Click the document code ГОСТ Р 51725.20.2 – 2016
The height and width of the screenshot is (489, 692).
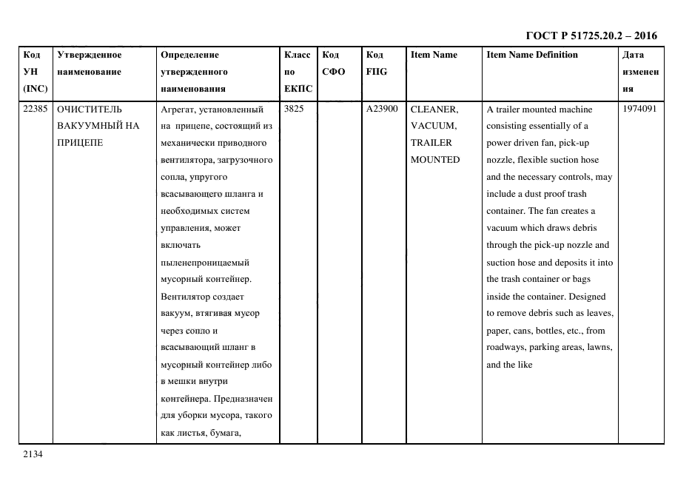[591, 36]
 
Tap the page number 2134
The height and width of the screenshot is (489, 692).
[33, 454]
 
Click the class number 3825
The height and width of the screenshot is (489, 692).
[294, 109]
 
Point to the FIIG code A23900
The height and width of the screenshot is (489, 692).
[382, 109]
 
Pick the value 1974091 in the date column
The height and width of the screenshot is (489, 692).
[639, 109]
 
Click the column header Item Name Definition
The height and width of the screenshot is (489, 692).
[532, 55]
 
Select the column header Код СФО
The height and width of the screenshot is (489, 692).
[333, 64]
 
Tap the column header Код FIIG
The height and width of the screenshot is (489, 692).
[376, 64]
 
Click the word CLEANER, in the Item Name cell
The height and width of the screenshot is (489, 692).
[434, 109]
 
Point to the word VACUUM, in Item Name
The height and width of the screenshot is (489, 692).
[433, 126]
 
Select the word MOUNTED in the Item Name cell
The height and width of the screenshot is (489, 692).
[435, 160]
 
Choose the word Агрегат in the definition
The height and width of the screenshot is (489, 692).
[177, 109]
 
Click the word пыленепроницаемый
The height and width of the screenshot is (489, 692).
[205, 263]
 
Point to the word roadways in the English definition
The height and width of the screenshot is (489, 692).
[505, 348]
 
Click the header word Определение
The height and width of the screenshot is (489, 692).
[189, 55]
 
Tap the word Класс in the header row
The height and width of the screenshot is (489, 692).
[297, 55]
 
